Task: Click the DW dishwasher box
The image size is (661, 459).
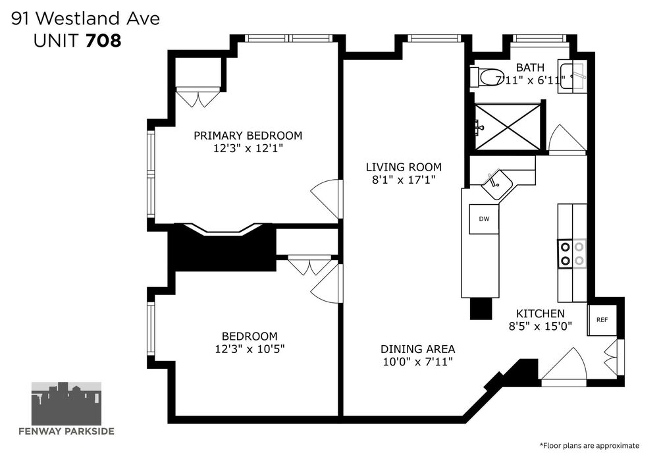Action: (x=484, y=219)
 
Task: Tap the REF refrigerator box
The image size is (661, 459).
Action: (x=602, y=320)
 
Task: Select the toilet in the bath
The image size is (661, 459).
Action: (x=487, y=78)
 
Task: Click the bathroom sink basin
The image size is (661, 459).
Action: (x=573, y=76)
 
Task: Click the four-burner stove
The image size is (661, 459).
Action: (x=572, y=254)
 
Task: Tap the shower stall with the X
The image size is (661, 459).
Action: (x=508, y=127)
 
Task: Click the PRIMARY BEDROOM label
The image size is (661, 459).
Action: (x=248, y=136)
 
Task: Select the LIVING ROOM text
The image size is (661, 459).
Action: (x=404, y=167)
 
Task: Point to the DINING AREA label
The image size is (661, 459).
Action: (x=418, y=349)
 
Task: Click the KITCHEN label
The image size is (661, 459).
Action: (x=541, y=313)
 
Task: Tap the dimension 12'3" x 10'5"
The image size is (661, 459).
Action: (x=250, y=349)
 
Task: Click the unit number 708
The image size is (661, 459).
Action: (x=103, y=41)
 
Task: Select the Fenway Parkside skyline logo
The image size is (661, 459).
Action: (x=66, y=404)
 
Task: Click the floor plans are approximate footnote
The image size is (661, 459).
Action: (x=589, y=446)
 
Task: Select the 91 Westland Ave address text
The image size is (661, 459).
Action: (x=86, y=19)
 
